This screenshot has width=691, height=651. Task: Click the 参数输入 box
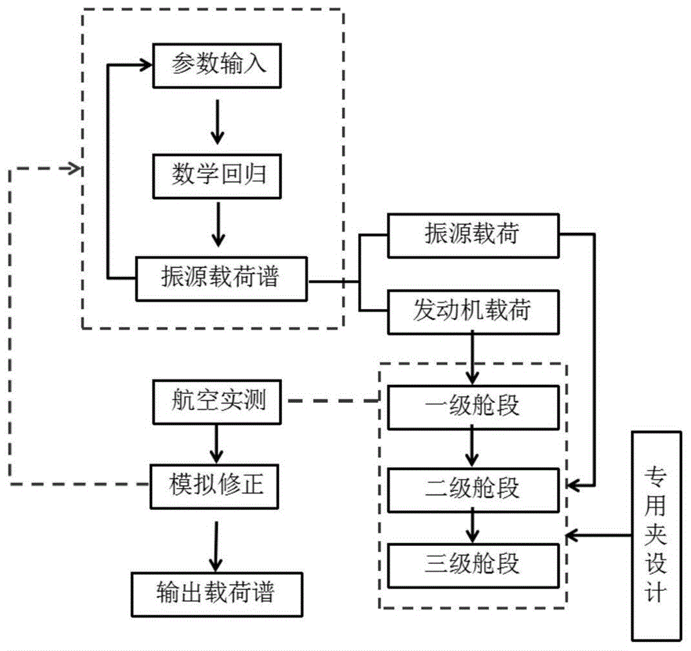coord(218,66)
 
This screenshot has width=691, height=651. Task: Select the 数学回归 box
coord(218,176)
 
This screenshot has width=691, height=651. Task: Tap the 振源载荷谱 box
coord(222,279)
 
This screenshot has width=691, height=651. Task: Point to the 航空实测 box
coord(218,402)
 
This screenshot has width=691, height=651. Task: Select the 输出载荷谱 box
coord(218,593)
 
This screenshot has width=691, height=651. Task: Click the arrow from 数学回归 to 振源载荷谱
coord(218,225)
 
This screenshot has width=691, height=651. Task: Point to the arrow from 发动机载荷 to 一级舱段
coord(472,357)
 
